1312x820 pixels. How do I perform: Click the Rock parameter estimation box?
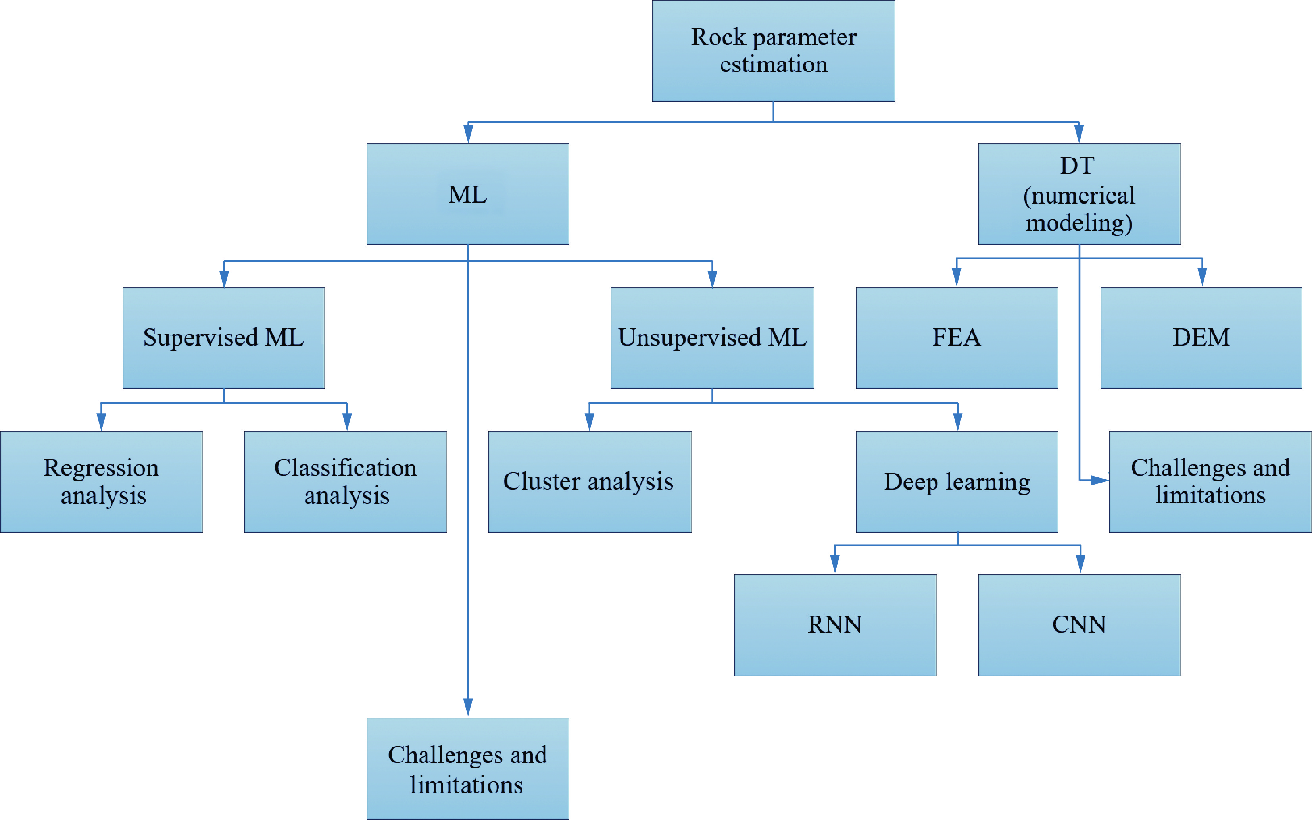tap(773, 51)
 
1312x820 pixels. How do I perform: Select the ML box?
tap(468, 194)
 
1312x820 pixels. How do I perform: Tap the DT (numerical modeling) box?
tap(1079, 194)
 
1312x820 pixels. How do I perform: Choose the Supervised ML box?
tap(223, 337)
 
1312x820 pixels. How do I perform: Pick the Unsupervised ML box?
tap(712, 337)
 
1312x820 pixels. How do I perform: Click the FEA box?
tap(957, 337)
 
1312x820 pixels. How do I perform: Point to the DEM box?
tap(1201, 337)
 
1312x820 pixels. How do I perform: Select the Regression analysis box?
tap(101, 481)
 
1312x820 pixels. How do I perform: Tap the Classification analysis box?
tap(345, 481)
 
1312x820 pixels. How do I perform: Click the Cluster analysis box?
tap(590, 481)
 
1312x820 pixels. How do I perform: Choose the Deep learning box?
tap(957, 481)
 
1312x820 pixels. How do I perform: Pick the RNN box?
tap(835, 625)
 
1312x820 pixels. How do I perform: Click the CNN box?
tap(1079, 625)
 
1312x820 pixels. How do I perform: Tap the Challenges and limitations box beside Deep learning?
tap(1210, 481)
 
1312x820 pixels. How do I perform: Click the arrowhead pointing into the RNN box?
tap(835, 564)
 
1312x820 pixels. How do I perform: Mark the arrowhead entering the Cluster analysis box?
tap(589, 422)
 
